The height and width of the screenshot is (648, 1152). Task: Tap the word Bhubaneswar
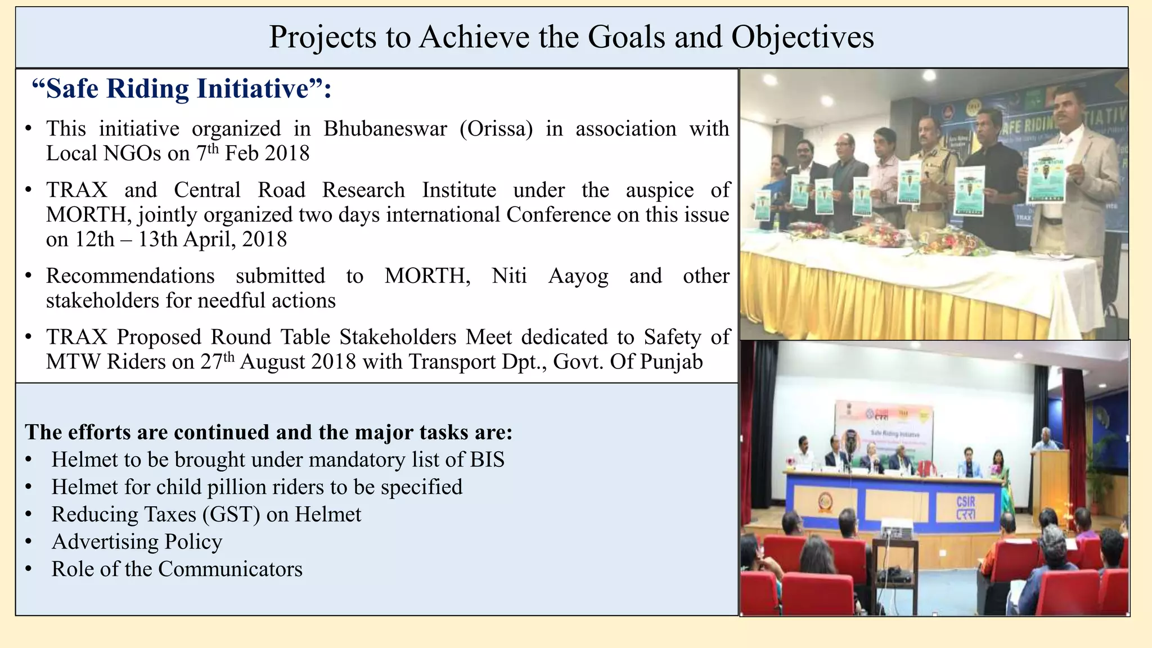385,129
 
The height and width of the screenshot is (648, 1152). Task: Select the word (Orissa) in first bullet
496,129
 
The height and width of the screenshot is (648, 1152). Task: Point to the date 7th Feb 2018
253,154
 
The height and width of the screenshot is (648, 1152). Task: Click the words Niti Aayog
550,276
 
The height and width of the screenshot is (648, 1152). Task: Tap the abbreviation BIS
487,460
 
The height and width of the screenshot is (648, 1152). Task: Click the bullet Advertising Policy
137,542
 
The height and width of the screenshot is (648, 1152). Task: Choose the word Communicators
230,569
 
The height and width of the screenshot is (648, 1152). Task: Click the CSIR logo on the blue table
965,507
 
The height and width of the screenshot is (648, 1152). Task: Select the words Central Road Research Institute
289,190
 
